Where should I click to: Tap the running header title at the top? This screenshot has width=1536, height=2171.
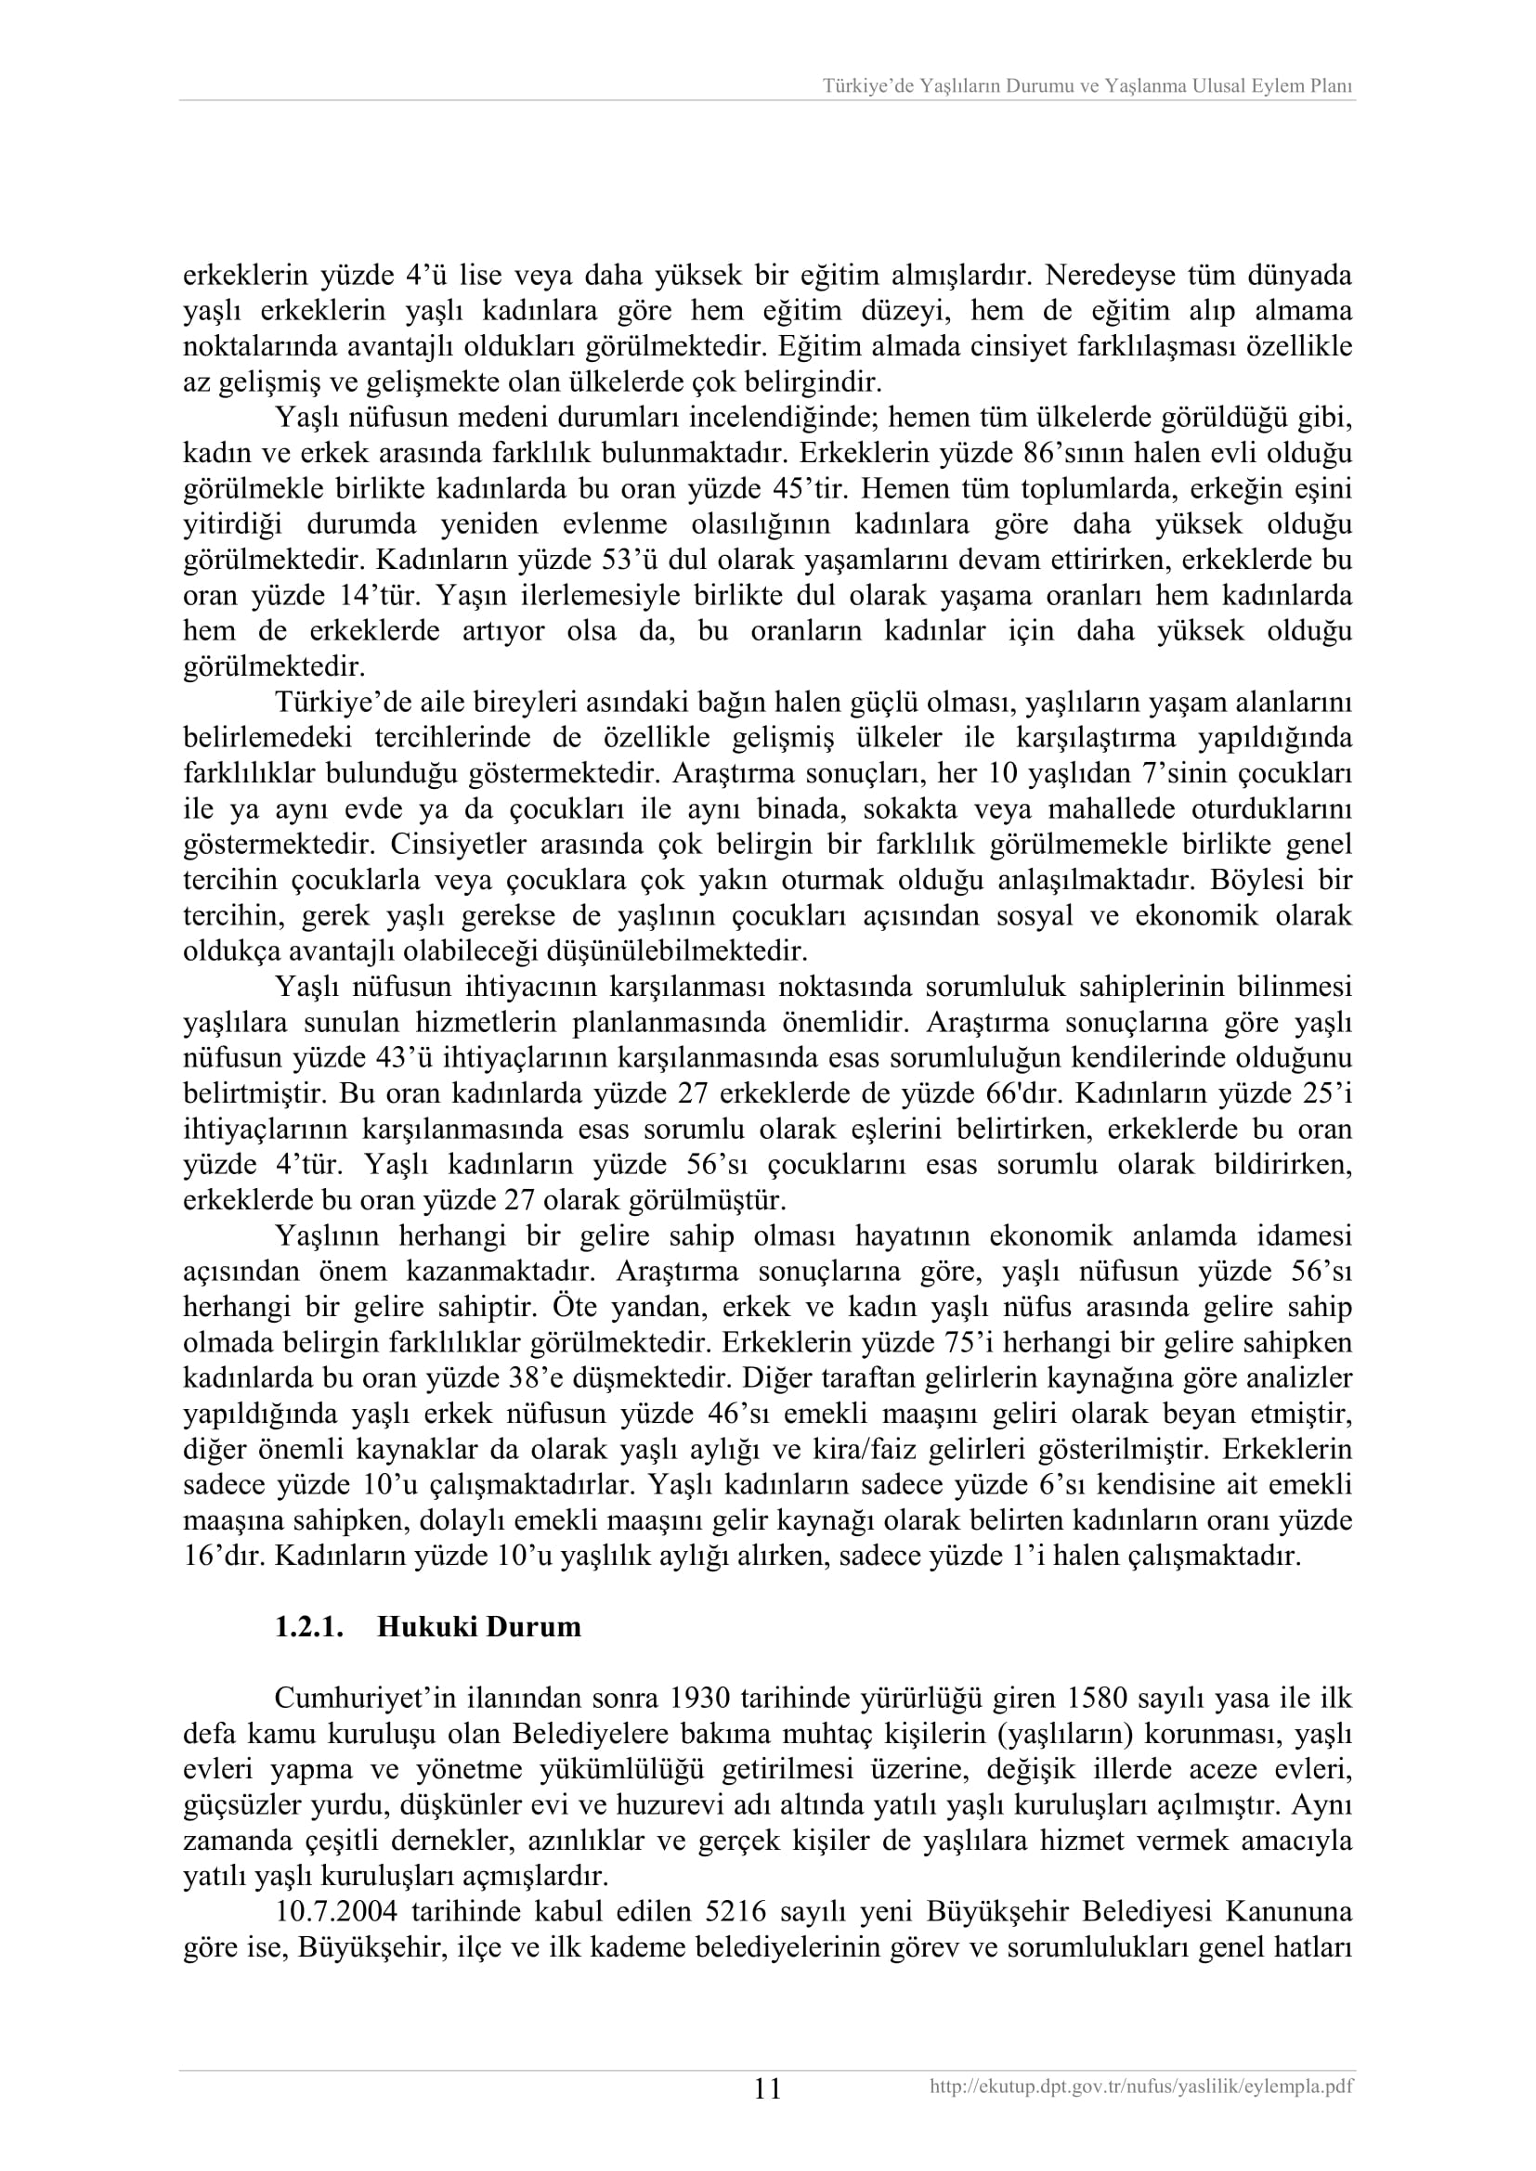coord(1087,87)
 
